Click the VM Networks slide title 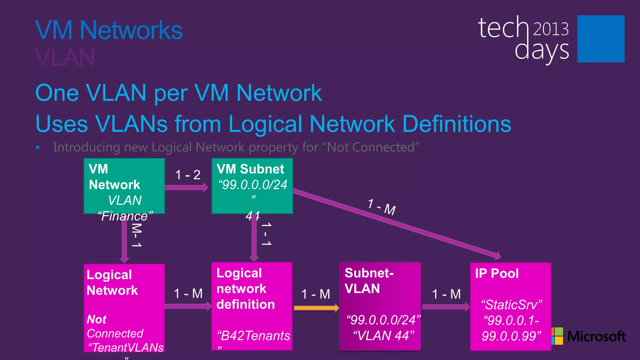click(x=109, y=30)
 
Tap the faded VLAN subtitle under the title click(x=65, y=57)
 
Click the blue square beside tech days click(x=601, y=39)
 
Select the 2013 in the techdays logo click(x=551, y=29)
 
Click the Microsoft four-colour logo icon click(x=557, y=336)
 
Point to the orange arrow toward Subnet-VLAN click(x=316, y=308)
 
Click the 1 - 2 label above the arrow click(x=187, y=175)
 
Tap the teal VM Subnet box click(x=252, y=186)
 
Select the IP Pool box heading click(x=497, y=273)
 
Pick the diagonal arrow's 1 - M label click(x=382, y=207)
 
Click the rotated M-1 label click(x=137, y=235)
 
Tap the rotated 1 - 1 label click(x=266, y=234)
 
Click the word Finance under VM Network click(x=125, y=216)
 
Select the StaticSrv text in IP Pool click(x=511, y=305)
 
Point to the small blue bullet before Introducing click(x=38, y=147)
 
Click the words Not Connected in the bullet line click(x=371, y=147)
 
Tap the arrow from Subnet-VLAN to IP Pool click(x=446, y=307)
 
